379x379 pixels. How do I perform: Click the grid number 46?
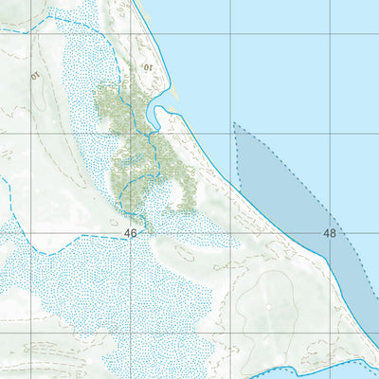130,232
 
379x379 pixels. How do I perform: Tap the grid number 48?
330,232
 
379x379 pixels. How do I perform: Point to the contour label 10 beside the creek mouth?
149,67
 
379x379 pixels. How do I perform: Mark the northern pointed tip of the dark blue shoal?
234,124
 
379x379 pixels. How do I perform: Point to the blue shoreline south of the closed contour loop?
284,361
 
